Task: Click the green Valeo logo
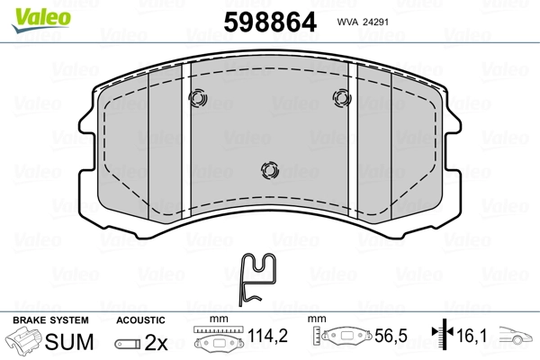pyautogui.click(x=41, y=19)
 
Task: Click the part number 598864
pyautogui.click(x=270, y=22)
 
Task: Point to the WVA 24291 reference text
pyautogui.click(x=363, y=22)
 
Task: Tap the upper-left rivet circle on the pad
pyautogui.click(x=198, y=98)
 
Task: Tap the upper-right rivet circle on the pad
pyautogui.click(x=342, y=98)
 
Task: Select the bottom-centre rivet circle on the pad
pyautogui.click(x=270, y=170)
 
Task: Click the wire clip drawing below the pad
pyautogui.click(x=257, y=279)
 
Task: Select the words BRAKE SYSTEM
pyautogui.click(x=50, y=320)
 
